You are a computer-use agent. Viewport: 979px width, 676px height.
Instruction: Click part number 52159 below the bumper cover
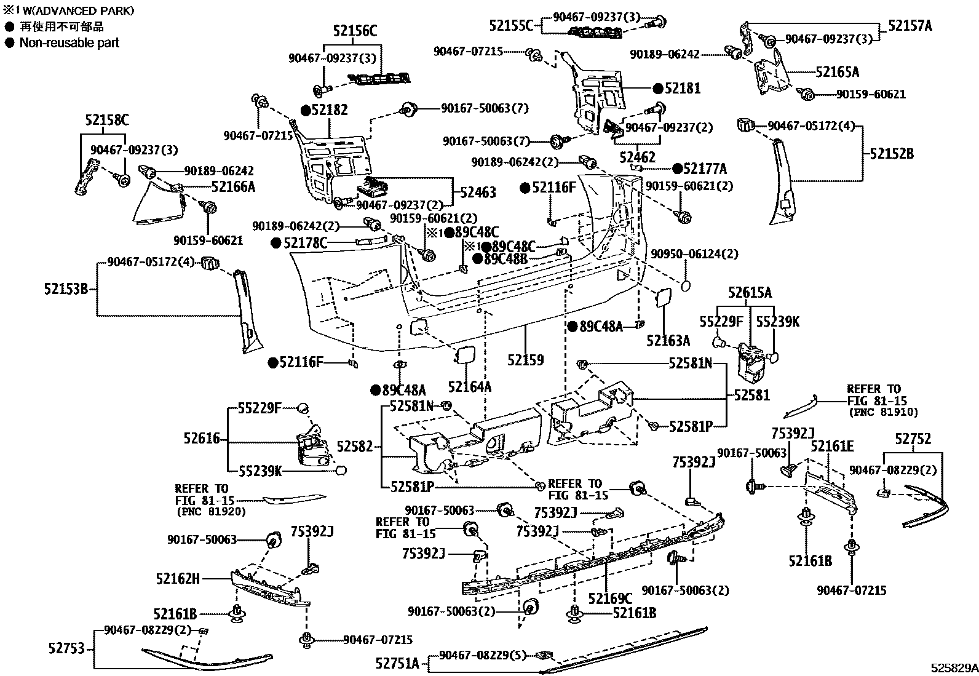525,360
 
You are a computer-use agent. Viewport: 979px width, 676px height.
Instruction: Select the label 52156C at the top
355,31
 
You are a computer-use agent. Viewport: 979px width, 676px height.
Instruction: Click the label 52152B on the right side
891,154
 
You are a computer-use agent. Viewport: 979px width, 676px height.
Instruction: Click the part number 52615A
750,293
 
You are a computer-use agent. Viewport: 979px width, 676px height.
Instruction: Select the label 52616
201,438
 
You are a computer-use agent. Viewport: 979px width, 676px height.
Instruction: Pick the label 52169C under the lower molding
609,598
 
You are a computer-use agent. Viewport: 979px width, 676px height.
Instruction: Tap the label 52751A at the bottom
397,663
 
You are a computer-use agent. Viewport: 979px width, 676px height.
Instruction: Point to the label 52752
913,439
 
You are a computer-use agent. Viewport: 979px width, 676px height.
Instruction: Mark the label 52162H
178,578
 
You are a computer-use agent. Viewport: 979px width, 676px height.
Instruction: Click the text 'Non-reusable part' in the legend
69,43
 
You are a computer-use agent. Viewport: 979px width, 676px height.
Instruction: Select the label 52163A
668,341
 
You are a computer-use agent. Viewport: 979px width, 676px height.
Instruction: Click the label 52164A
469,387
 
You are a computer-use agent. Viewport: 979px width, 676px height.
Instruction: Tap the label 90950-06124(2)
694,254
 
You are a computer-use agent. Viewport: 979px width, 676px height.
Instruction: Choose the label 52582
355,447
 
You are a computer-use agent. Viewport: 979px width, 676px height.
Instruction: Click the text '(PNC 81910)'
882,412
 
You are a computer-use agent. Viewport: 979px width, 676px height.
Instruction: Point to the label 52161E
831,446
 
